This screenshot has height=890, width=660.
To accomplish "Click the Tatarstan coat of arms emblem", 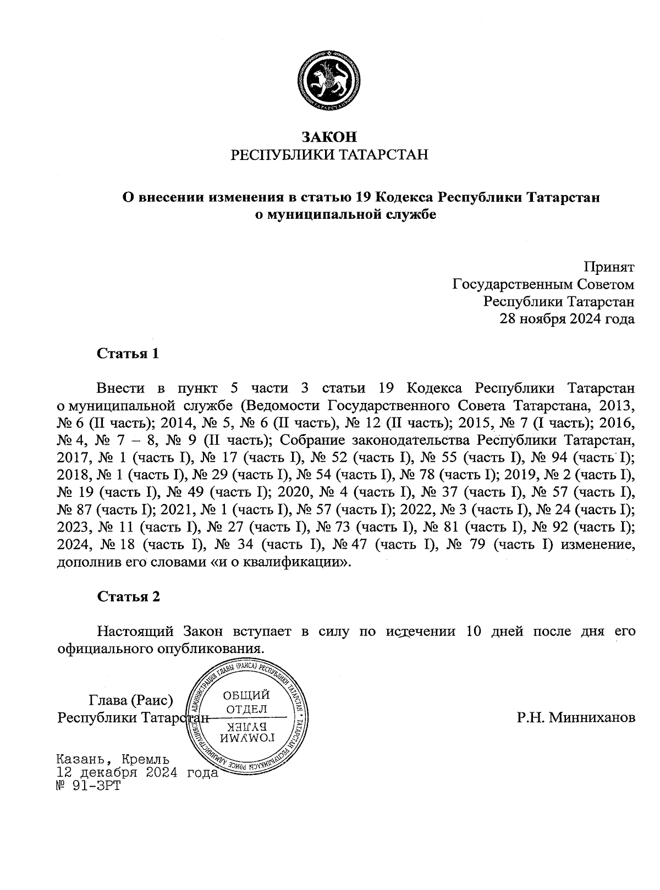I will (329, 84).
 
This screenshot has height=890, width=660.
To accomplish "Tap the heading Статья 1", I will (128, 353).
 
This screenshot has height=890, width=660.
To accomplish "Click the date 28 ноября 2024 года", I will (566, 319).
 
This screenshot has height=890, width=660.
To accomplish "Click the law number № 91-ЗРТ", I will (88, 786).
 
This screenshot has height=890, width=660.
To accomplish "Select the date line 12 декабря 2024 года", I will (137, 772).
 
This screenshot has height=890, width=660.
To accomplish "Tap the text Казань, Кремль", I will (113, 760).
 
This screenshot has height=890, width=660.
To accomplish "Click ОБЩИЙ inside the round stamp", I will (246, 696).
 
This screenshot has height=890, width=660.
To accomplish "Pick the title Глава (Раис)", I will (131, 700).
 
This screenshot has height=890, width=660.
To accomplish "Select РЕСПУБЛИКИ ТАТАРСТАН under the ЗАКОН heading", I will (329, 154).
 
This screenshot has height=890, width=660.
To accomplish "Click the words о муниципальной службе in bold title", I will (345, 214).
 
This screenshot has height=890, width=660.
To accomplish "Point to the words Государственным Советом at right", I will (543, 285).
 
